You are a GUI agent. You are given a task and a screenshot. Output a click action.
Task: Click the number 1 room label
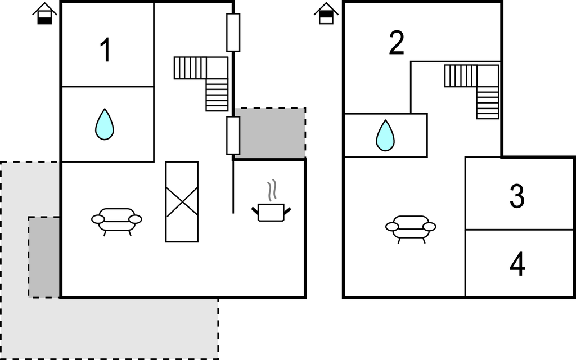coord(105,50)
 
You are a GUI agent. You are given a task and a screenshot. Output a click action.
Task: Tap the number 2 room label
coord(397,44)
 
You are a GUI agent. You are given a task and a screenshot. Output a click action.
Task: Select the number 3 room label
coord(517,196)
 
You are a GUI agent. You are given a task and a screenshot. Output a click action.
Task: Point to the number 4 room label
coord(517,264)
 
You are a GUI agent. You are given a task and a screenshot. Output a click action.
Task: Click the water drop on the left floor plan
coord(104,124)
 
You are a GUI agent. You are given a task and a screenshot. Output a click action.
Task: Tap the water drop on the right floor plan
coord(385,136)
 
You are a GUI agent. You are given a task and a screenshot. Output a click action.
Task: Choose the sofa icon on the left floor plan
coord(116,220)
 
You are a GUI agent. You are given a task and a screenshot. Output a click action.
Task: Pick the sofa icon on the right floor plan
coord(411,227)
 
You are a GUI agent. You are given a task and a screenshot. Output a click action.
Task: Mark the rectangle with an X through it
coord(182,201)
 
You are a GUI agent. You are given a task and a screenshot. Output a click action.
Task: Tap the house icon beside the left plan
coord(44,13)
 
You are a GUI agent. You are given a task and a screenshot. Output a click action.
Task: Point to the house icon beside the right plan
coord(326,13)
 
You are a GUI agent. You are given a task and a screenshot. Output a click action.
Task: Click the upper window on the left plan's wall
coord(233,32)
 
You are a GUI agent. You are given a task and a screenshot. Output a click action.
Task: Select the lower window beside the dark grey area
coord(233,135)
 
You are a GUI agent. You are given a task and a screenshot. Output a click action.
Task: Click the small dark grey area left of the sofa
coord(44,256)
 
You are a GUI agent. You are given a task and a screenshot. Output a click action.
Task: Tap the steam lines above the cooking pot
coord(272,191)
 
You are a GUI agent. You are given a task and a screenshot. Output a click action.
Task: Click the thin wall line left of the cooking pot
coord(233,186)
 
